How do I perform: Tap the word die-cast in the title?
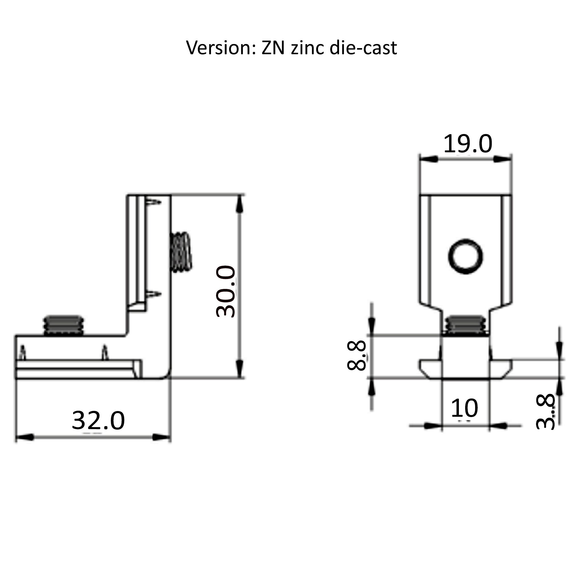point(363,48)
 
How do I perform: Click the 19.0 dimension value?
point(467,144)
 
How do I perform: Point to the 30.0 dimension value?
point(226,291)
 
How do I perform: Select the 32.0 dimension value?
point(98,420)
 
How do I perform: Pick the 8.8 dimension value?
point(356,355)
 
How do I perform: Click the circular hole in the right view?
point(465,256)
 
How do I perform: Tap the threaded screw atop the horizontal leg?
point(63,326)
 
